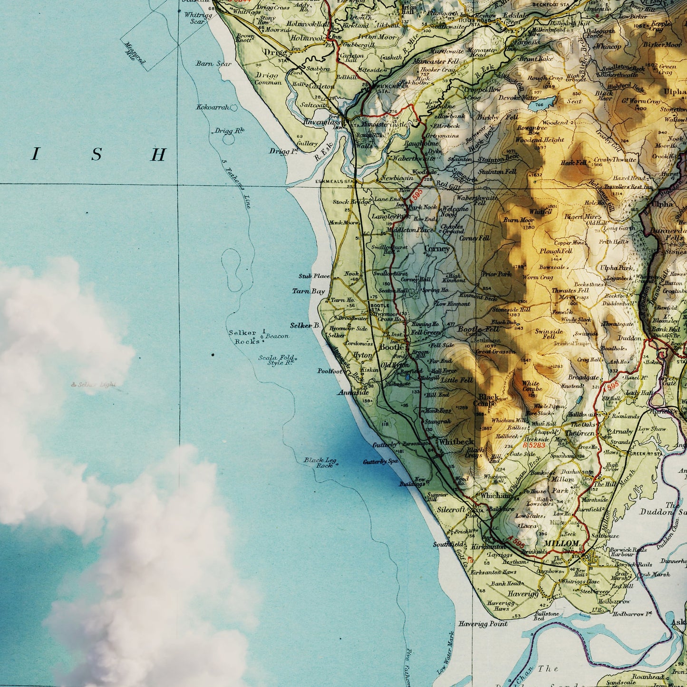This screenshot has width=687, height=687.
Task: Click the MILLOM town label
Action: tap(561, 543)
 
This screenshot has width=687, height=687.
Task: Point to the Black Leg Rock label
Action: tap(320, 463)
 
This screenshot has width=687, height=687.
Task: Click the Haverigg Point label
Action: tap(483, 624)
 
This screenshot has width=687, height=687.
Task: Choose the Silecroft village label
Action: tap(451, 509)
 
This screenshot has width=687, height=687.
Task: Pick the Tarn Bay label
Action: tap(308, 291)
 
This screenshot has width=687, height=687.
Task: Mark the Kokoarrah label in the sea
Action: tap(213, 107)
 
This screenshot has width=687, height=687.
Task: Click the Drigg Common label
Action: tap(268, 79)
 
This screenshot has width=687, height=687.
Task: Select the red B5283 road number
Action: tap(534, 445)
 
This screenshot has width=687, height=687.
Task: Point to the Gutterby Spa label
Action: tap(380, 462)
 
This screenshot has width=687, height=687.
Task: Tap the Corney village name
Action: tap(436, 249)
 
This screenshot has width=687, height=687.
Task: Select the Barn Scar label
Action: tap(213, 64)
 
